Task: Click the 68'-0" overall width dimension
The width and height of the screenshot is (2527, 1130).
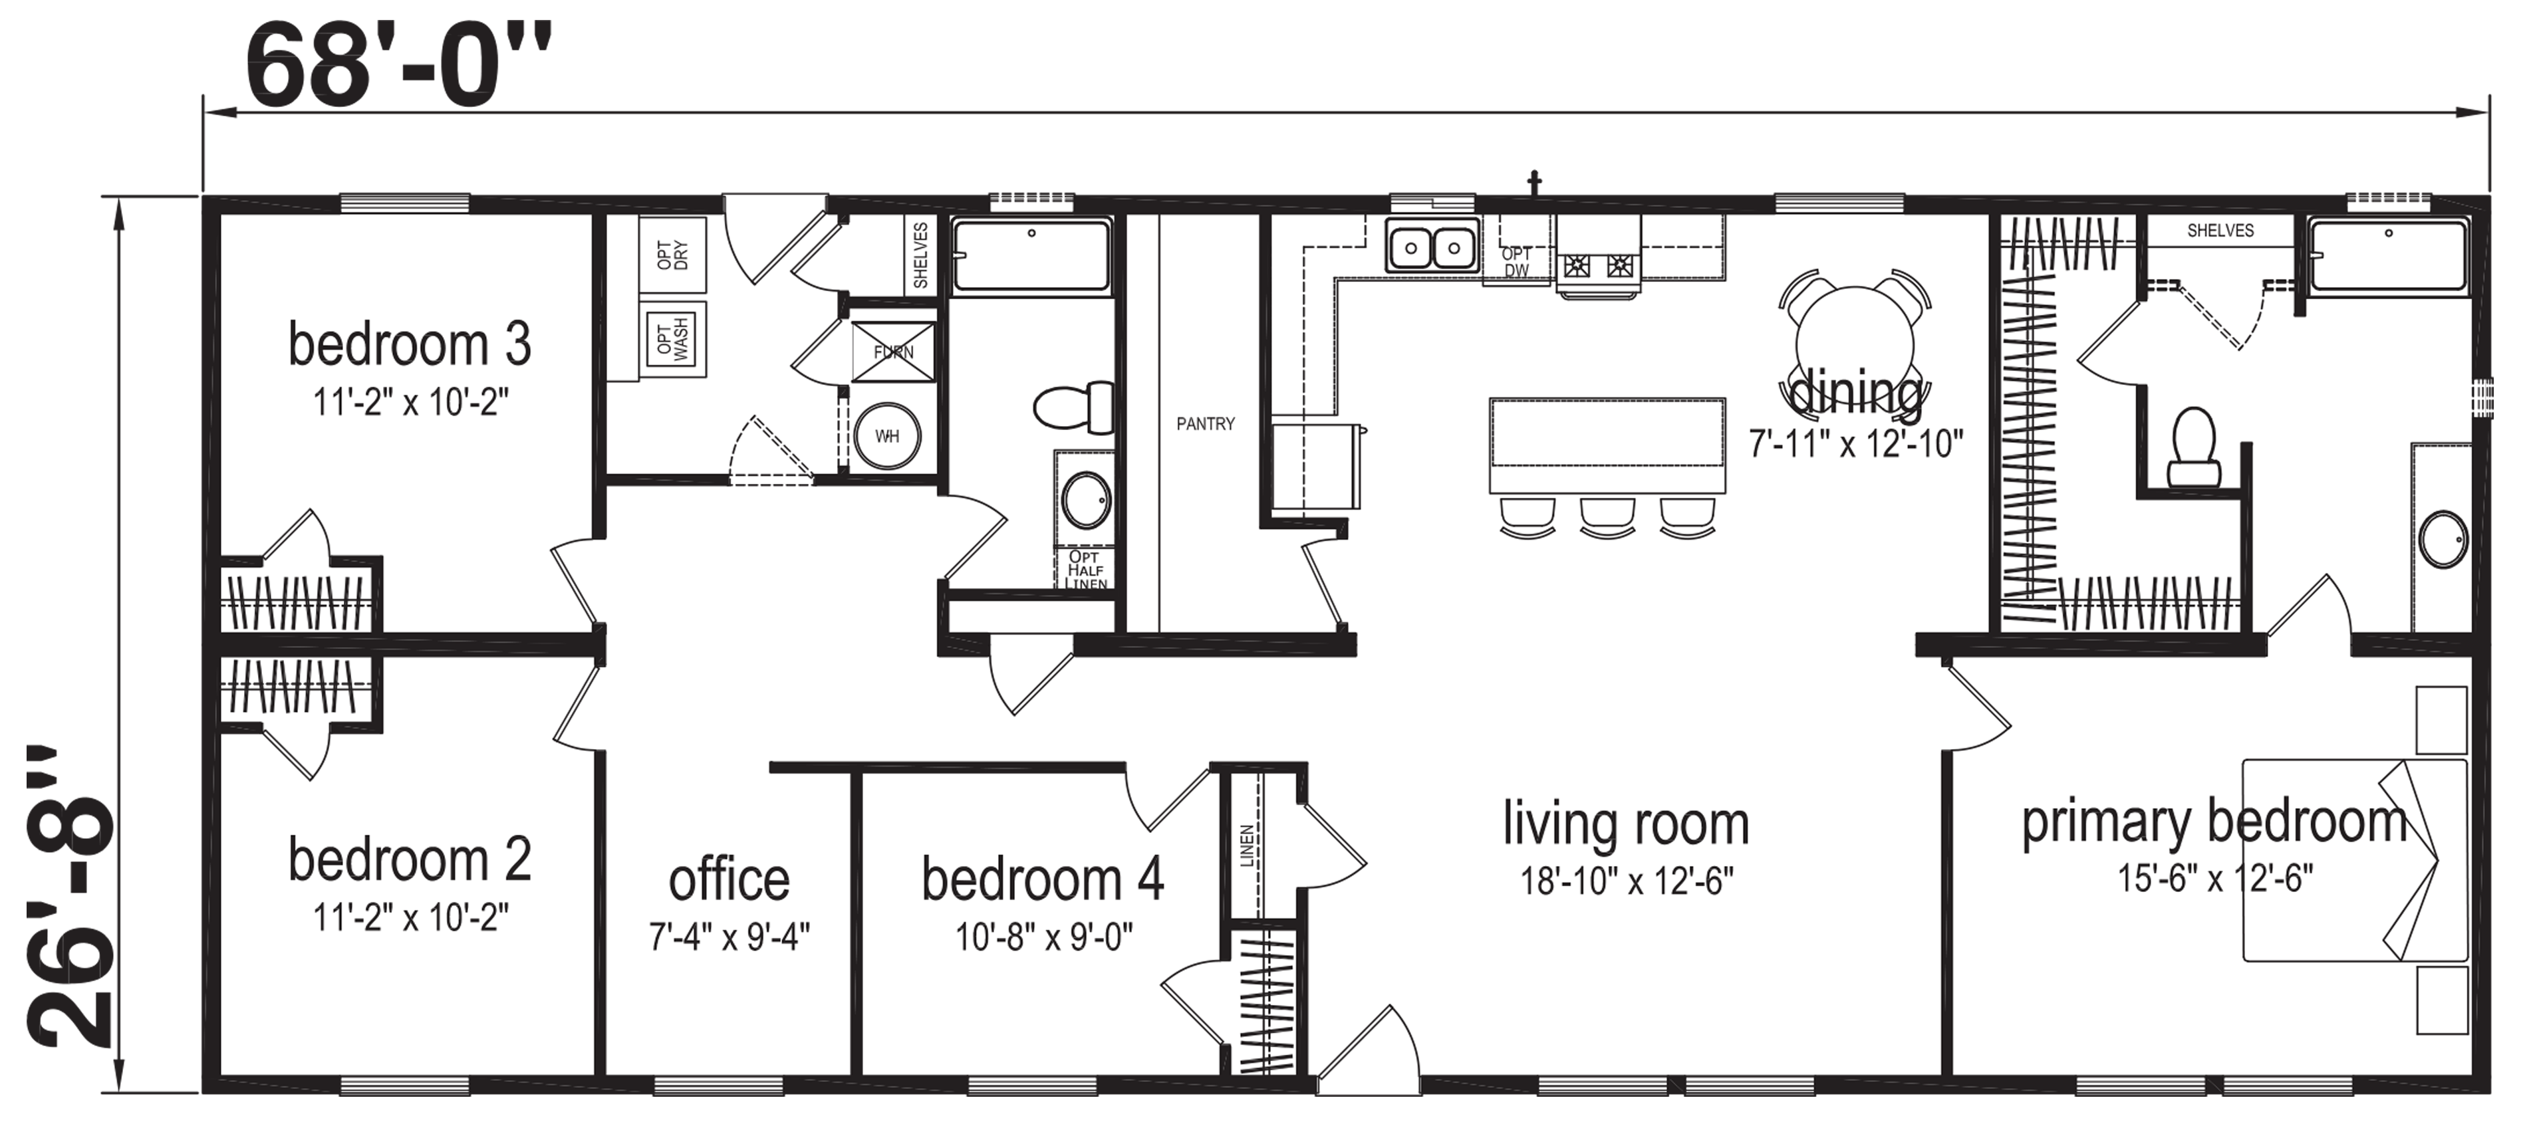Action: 398,66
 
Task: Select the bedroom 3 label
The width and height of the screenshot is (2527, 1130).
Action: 410,344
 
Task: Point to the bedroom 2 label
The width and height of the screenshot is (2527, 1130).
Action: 410,859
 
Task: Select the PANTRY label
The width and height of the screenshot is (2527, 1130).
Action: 1206,424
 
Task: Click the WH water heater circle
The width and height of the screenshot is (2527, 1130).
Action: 887,435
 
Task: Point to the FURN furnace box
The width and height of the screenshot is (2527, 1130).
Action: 892,351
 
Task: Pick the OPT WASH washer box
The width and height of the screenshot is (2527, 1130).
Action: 673,340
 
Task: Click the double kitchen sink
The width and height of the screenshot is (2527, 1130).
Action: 1432,246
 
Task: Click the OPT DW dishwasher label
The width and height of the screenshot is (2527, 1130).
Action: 1516,262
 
